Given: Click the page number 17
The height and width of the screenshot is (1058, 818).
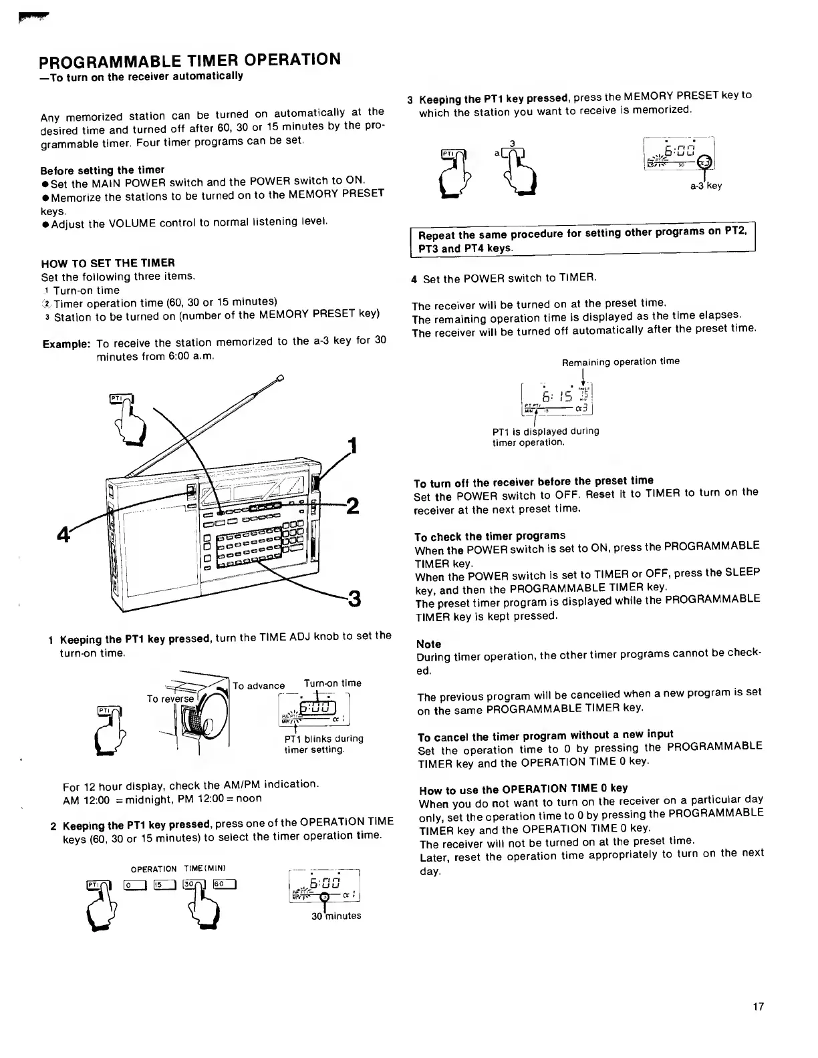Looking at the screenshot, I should (x=758, y=1007).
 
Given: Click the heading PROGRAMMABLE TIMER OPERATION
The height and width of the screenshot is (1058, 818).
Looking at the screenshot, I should (x=190, y=60).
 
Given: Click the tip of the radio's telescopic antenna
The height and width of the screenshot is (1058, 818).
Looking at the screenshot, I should (x=279, y=380).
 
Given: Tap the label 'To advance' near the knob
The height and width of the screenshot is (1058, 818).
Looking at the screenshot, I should (x=259, y=686).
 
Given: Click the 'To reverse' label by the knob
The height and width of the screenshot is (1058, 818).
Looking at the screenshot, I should (x=170, y=699).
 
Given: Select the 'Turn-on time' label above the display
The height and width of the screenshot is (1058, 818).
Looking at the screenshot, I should (x=332, y=683).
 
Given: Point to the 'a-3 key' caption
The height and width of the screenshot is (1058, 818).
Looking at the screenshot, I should (x=706, y=186).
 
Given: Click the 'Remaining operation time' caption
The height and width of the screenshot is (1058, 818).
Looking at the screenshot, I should (x=620, y=361).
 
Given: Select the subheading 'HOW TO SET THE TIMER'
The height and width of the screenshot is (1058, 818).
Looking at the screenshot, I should (x=108, y=262).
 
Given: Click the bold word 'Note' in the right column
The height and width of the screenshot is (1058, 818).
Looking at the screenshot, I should (x=428, y=644).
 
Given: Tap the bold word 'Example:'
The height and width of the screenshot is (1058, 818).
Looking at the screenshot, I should (x=66, y=343).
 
